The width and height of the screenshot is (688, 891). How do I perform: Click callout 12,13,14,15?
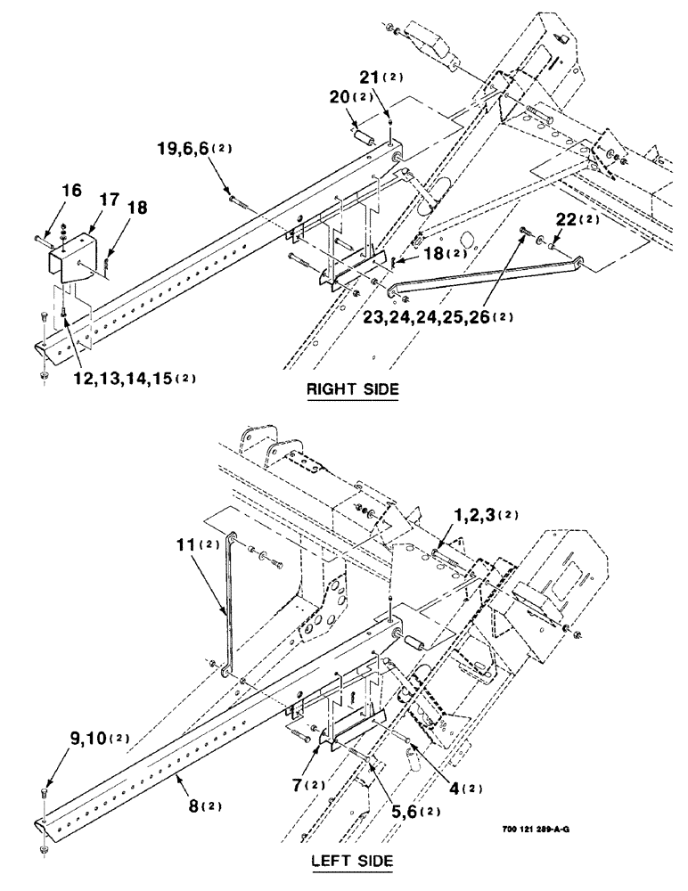coord(125,379)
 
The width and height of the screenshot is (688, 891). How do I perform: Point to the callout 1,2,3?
coord(465,515)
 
